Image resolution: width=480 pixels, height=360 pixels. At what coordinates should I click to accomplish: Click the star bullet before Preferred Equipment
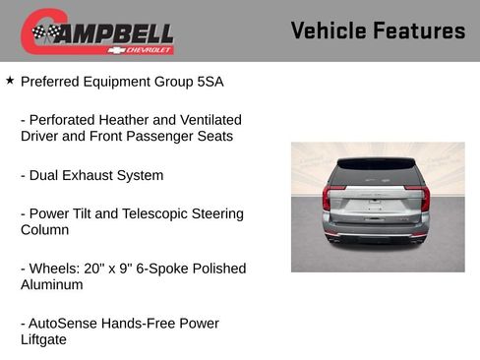click(10, 81)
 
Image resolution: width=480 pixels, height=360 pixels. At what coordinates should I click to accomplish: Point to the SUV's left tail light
click(327, 197)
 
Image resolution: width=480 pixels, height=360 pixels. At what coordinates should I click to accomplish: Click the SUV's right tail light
click(425, 197)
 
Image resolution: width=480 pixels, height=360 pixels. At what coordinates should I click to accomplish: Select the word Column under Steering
click(45, 229)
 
